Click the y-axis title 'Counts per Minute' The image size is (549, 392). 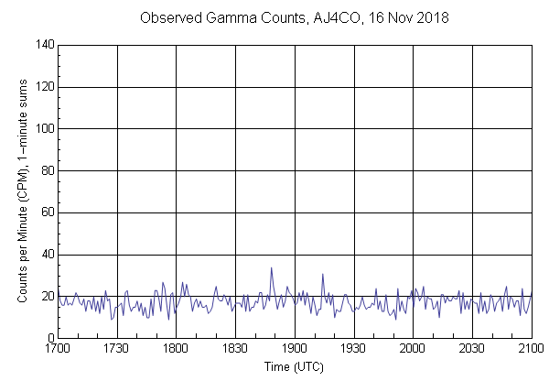pos(20,191)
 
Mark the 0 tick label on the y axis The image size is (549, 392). pos(50,339)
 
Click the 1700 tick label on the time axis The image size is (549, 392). pos(58,350)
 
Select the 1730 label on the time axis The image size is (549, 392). pos(117,350)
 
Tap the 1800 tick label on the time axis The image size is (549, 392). pos(176,350)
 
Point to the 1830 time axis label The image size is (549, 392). pos(235,350)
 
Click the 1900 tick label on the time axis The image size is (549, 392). pos(295,350)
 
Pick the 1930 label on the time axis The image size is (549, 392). pos(353,350)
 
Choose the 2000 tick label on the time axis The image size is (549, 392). pos(413,350)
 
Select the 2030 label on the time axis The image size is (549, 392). pos(472,350)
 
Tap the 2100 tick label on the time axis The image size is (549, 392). pos(531,350)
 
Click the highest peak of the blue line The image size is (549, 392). pos(271,267)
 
